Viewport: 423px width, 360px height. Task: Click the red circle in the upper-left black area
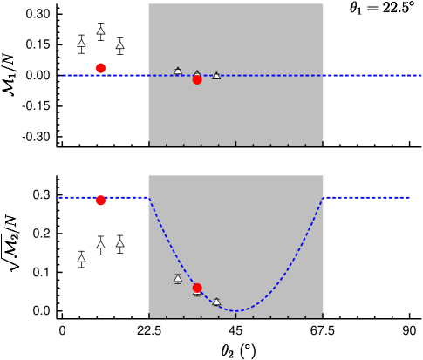point(100,68)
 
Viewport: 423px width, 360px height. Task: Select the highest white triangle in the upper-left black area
point(100,31)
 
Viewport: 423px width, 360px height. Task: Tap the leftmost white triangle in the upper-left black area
point(81,44)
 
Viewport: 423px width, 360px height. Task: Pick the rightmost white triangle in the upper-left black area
point(119,45)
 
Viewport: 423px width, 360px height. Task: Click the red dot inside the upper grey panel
point(197,79)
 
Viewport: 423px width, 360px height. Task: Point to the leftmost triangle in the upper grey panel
point(178,71)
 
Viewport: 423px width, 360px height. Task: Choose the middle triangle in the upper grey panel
point(197,74)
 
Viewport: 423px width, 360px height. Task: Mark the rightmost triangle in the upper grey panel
point(216,76)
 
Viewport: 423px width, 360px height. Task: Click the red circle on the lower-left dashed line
point(100,200)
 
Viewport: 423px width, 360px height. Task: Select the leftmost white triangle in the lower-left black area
point(81,259)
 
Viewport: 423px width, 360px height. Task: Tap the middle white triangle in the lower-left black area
point(100,245)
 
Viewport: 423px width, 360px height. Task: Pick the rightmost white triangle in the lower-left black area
point(119,244)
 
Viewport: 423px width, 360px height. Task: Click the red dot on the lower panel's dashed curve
point(197,288)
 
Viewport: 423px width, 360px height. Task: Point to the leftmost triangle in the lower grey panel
point(178,279)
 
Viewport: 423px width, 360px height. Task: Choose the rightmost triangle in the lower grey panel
point(216,302)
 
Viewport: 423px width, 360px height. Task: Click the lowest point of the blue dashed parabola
point(235,311)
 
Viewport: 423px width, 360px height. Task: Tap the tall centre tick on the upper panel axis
point(235,143)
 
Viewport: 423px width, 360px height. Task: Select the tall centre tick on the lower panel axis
point(235,315)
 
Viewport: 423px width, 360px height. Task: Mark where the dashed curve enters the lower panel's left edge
point(149,198)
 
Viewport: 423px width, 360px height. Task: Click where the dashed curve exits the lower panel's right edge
point(323,198)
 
